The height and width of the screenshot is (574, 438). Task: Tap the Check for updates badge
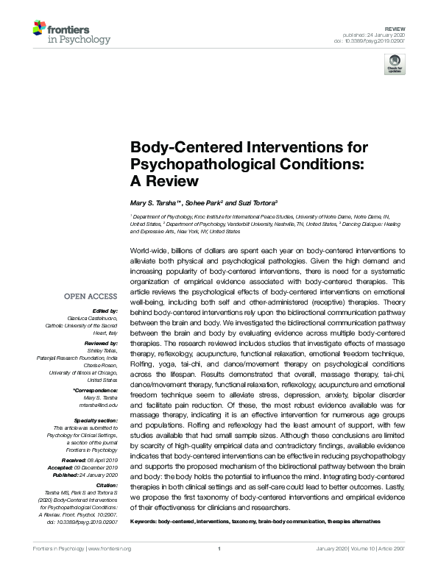click(x=395, y=64)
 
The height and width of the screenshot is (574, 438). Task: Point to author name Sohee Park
click(x=201, y=202)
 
